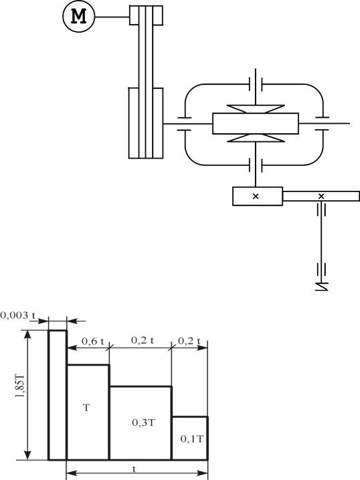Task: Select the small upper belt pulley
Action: [x=146, y=15]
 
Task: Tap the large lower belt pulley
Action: [x=146, y=123]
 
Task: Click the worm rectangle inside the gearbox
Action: [x=256, y=123]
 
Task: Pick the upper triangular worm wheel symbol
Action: [x=256, y=109]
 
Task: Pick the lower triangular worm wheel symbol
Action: [x=256, y=138]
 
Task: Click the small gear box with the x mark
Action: [x=258, y=196]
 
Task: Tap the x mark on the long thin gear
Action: [x=321, y=196]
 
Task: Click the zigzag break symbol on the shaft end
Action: [x=321, y=287]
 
